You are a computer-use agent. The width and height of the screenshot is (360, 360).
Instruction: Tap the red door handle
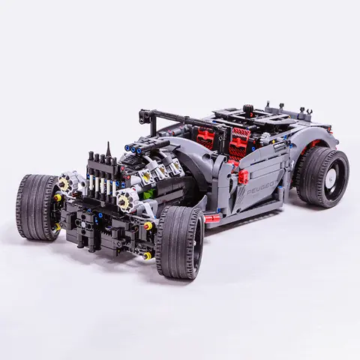pos(244,177)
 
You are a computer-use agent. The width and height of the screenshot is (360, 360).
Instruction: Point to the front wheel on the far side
pos(37,206)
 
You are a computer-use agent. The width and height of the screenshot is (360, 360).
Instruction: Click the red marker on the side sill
pos(213,218)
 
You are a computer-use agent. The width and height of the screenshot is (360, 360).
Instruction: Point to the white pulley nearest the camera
pos(127,199)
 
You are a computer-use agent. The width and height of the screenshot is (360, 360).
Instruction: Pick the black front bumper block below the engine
pos(105,225)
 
